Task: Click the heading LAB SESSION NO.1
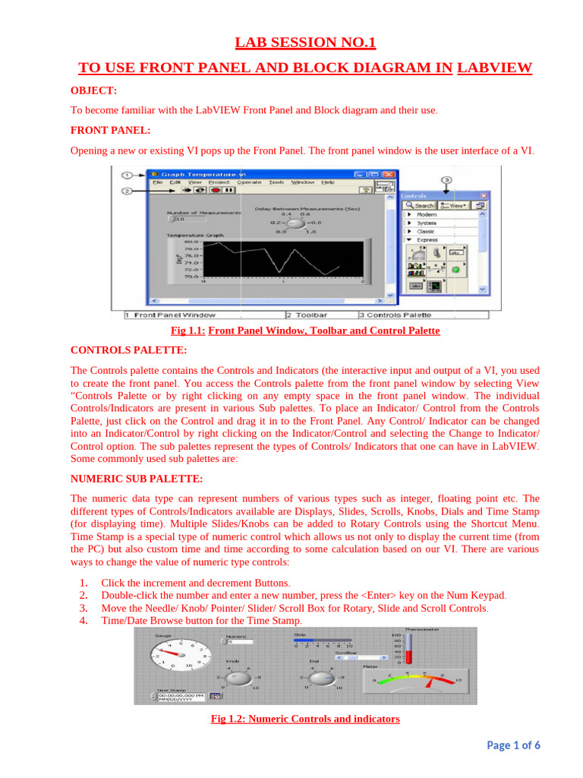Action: (x=305, y=43)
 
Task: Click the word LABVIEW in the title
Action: (x=494, y=68)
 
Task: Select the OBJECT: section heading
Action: (x=93, y=90)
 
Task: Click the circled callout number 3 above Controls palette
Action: (x=447, y=179)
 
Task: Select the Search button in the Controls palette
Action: (x=419, y=205)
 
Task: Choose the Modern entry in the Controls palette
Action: (x=427, y=215)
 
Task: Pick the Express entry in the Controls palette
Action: (x=428, y=240)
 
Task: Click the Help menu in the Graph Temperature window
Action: (x=327, y=182)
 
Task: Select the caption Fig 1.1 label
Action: (x=188, y=331)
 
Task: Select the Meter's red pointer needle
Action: (x=431, y=683)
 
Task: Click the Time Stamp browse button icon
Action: (x=216, y=694)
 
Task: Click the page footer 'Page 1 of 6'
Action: (x=513, y=745)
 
